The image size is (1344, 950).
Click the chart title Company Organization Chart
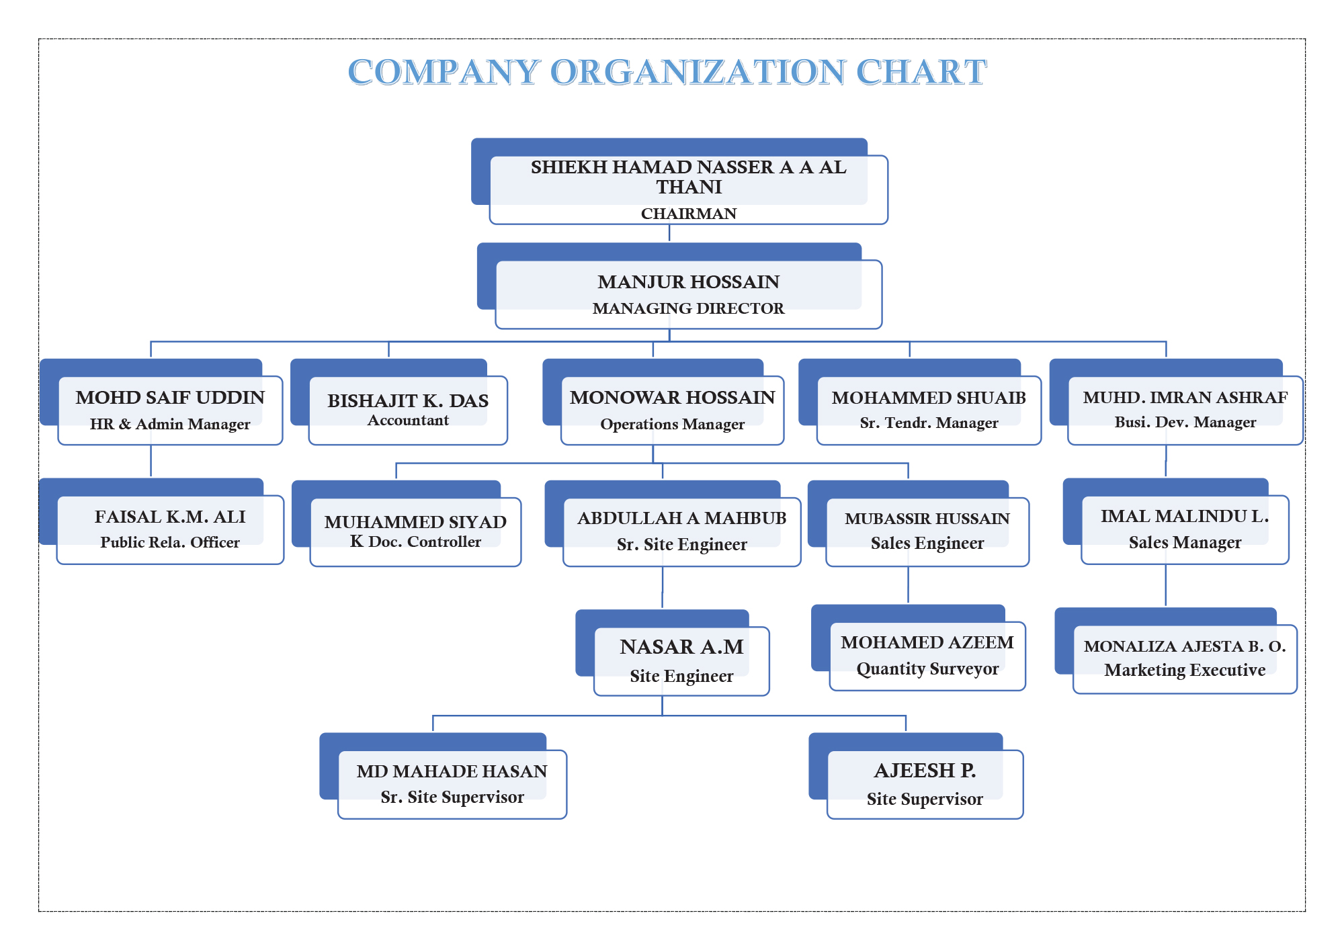[667, 72]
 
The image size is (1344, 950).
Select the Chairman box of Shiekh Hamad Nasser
[679, 181]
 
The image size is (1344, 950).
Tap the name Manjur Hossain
[689, 282]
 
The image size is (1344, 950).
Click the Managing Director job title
[689, 308]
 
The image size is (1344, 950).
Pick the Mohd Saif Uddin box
[161, 402]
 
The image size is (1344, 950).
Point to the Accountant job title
[408, 421]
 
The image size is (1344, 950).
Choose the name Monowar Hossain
[673, 397]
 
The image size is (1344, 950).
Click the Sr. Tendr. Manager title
[929, 423]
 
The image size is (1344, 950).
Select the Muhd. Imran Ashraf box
[1177, 402]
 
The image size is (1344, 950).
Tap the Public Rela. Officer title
[170, 542]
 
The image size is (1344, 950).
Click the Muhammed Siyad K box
[407, 523]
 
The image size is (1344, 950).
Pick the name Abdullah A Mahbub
[682, 518]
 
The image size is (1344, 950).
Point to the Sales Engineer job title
[927, 543]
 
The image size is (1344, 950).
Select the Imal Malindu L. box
[1176, 521]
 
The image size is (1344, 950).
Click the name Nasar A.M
[682, 646]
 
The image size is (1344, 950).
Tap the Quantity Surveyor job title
[927, 669]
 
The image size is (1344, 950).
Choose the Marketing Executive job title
[1185, 670]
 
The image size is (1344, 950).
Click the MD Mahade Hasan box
[444, 776]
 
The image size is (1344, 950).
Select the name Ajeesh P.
[925, 771]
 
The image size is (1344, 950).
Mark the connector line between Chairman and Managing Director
[669, 233]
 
